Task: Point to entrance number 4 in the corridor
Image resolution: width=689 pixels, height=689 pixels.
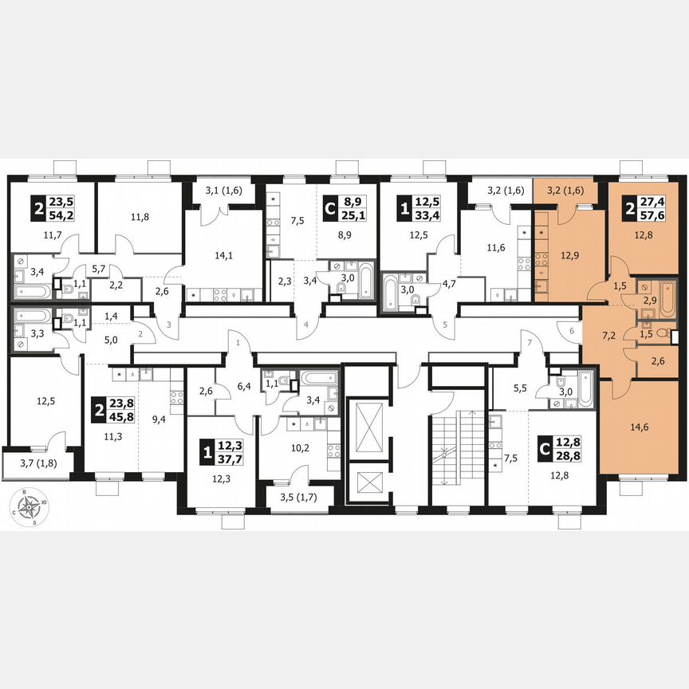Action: click(x=305, y=325)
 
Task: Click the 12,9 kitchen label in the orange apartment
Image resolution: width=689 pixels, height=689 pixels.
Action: click(x=568, y=254)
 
